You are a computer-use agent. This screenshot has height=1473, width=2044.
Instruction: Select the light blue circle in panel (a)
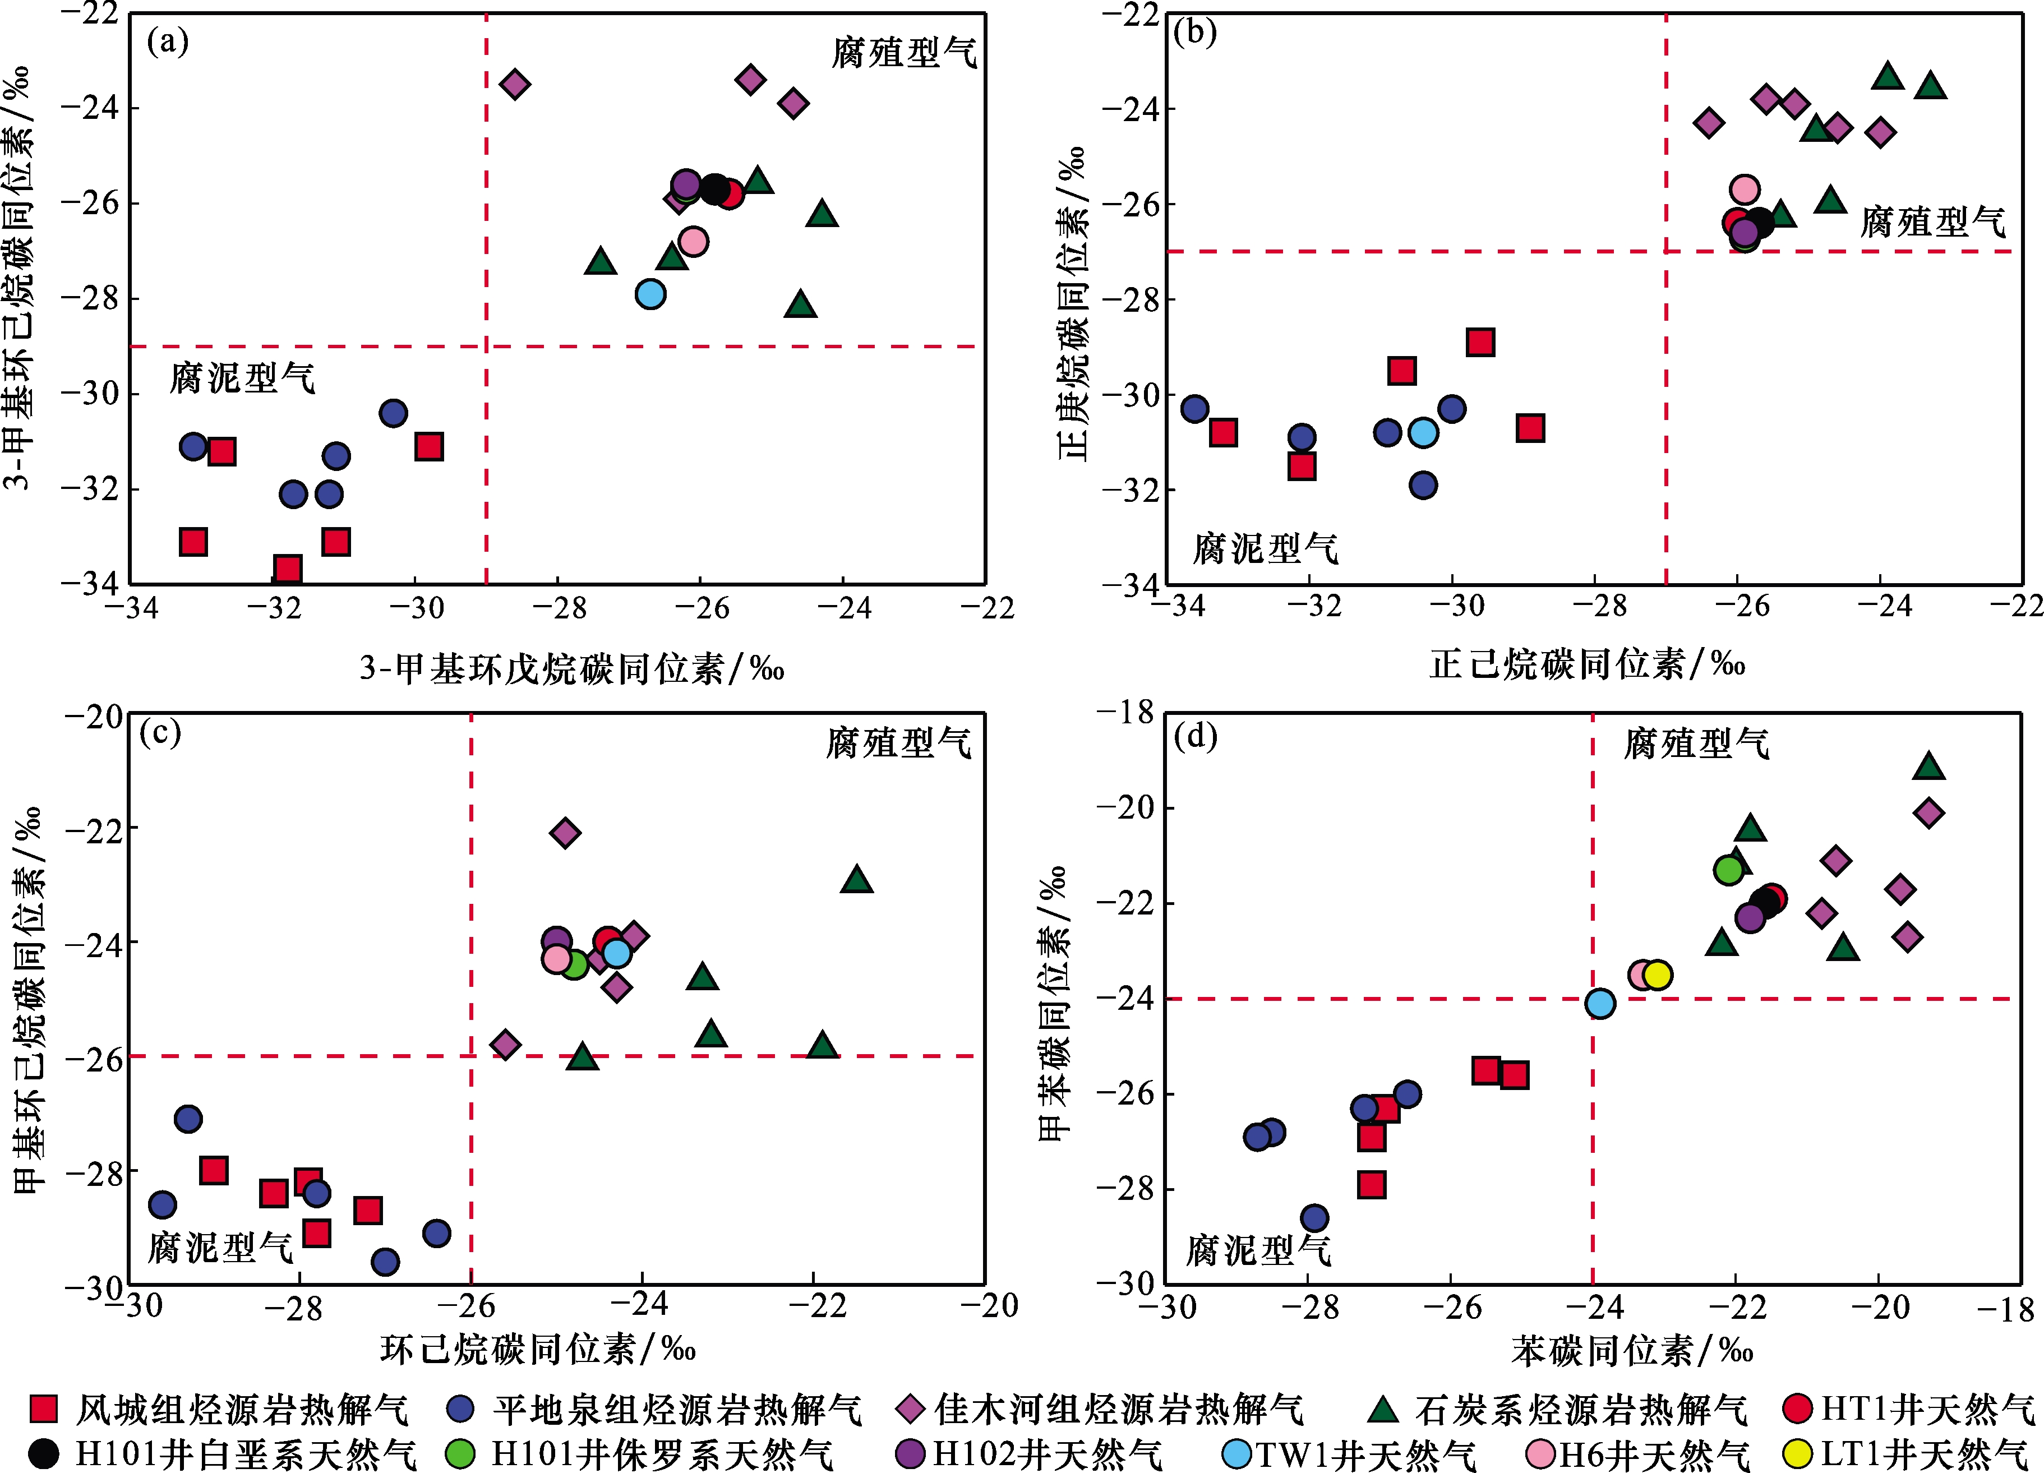[650, 294]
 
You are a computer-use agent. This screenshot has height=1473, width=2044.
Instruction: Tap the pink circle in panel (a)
[693, 242]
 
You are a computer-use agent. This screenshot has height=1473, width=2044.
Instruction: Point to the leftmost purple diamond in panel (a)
[515, 85]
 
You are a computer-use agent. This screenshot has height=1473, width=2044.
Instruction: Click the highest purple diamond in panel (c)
[565, 833]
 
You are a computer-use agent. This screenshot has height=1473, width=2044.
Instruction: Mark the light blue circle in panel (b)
[1423, 432]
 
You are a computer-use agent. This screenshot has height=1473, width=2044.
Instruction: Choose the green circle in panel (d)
[1728, 869]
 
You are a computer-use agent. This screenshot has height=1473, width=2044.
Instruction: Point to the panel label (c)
[160, 732]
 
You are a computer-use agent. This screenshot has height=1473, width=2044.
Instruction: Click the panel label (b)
[1195, 33]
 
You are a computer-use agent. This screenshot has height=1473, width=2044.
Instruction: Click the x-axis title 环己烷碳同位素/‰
[538, 1349]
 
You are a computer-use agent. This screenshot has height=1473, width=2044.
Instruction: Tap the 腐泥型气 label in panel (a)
[242, 377]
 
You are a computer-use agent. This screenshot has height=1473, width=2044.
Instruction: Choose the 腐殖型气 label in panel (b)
[1932, 221]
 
